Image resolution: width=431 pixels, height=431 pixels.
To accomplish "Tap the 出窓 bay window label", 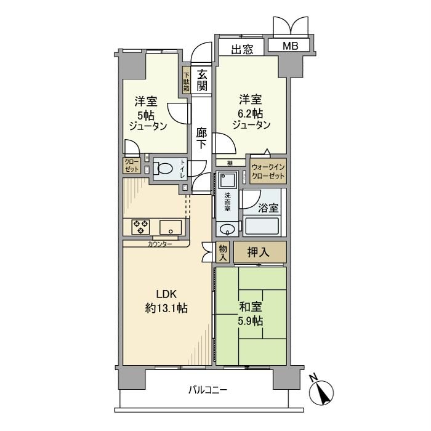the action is [242, 49].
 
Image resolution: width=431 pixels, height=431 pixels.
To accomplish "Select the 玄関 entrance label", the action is [202, 80].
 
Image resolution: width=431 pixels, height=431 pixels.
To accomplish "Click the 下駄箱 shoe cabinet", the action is [187, 79].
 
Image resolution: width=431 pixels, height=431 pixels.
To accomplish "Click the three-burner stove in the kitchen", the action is [140, 227].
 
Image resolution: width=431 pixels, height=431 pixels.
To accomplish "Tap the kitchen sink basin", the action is [171, 227].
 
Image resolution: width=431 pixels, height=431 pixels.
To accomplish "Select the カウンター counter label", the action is [160, 244].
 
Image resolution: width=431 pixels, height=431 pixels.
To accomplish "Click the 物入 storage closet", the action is [223, 252].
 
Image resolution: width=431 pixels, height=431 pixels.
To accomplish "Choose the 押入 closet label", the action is [259, 252].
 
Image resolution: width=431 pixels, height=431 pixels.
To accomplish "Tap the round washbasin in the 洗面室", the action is [227, 229].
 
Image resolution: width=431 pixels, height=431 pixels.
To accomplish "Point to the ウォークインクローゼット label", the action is [268, 171].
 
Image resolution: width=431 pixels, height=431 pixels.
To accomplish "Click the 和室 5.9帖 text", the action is [251, 314].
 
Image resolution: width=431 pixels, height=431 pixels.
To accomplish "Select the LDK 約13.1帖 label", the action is [166, 301].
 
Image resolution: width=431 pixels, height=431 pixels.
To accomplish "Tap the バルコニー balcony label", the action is [207, 390].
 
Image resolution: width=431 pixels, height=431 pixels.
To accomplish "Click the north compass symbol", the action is [321, 391].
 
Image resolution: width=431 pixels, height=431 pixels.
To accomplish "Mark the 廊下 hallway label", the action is [201, 139].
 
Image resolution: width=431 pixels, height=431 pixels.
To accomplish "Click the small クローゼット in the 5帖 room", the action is [132, 166].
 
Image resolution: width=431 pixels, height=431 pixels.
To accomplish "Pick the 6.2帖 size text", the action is [251, 113].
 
